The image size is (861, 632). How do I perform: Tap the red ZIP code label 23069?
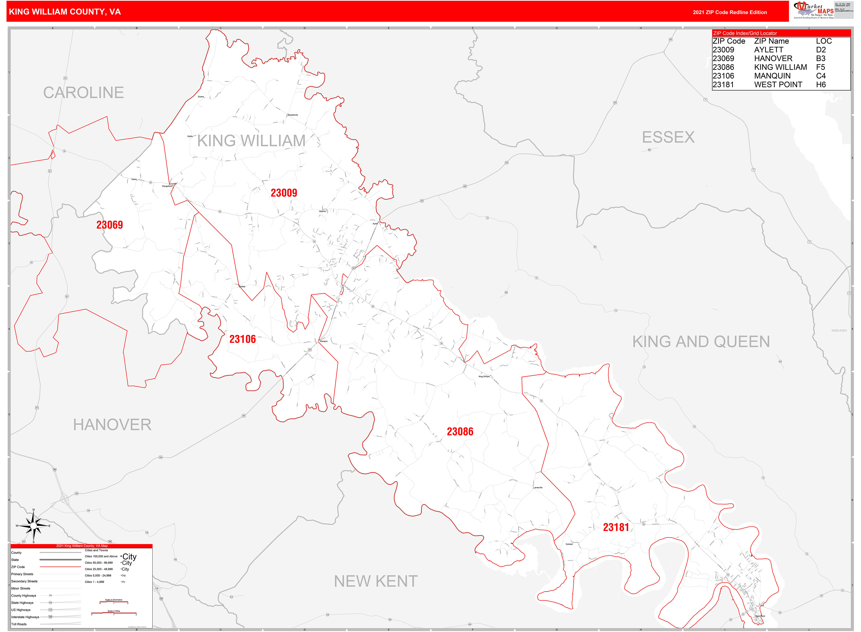(109, 225)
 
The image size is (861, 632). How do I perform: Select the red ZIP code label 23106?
(242, 339)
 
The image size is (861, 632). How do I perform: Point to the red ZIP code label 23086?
(460, 431)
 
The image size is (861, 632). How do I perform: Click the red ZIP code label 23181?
(616, 527)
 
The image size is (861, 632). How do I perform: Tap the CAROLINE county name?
(83, 93)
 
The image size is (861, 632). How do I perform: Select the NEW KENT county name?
(375, 581)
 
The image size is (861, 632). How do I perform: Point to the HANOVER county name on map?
(112, 425)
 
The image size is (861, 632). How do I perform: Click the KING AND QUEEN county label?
(701, 342)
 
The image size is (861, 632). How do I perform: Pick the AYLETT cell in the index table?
(768, 50)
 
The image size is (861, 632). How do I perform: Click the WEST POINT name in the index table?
(778, 85)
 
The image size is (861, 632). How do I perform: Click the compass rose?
(34, 526)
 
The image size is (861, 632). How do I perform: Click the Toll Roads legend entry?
(19, 624)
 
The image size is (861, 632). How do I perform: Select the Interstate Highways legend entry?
(25, 617)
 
